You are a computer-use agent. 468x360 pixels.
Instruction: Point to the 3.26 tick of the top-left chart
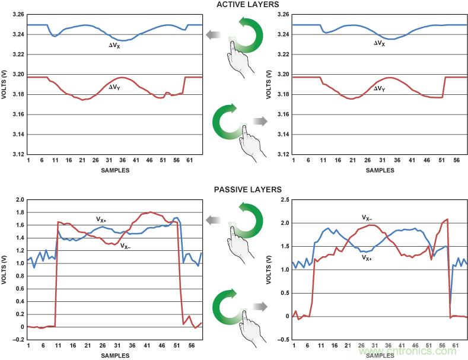coord(17,14)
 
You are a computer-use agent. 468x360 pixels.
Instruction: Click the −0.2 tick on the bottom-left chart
coord(15,340)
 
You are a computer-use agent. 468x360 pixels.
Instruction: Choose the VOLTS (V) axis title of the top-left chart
coord(4,84)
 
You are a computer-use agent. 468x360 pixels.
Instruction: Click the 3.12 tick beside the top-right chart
coord(282,154)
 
